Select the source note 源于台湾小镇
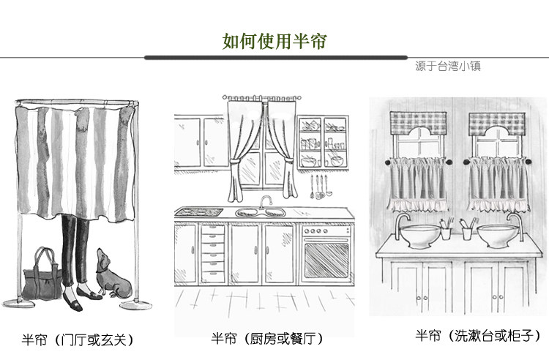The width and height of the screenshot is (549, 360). (447, 66)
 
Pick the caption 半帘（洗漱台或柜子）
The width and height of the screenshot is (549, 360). (478, 336)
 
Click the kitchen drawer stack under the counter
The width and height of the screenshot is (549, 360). (212, 252)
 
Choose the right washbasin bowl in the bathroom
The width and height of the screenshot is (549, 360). (500, 233)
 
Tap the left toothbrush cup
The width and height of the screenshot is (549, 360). (446, 232)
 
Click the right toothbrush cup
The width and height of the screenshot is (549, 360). (468, 232)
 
